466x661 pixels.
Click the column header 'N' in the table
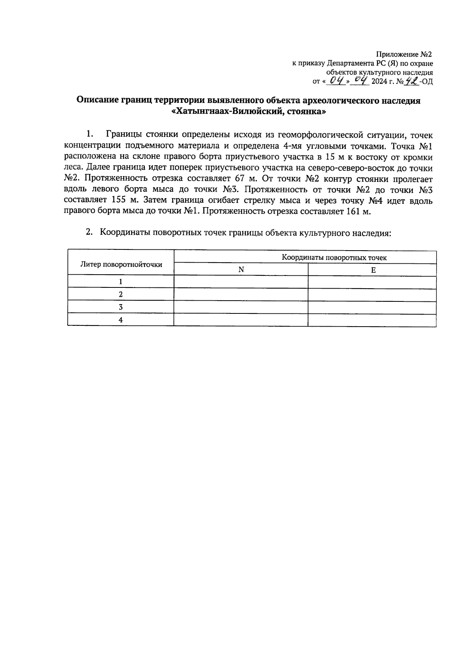(x=241, y=270)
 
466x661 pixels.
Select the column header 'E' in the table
(x=373, y=270)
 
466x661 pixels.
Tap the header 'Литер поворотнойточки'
(x=121, y=264)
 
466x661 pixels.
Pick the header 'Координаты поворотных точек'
(x=334, y=258)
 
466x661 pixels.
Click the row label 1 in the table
(x=121, y=281)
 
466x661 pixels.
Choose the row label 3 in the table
(x=121, y=307)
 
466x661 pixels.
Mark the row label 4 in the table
(x=121, y=320)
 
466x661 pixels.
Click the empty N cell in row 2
(x=241, y=294)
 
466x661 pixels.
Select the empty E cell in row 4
(x=372, y=320)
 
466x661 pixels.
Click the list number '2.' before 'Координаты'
(x=89, y=232)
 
